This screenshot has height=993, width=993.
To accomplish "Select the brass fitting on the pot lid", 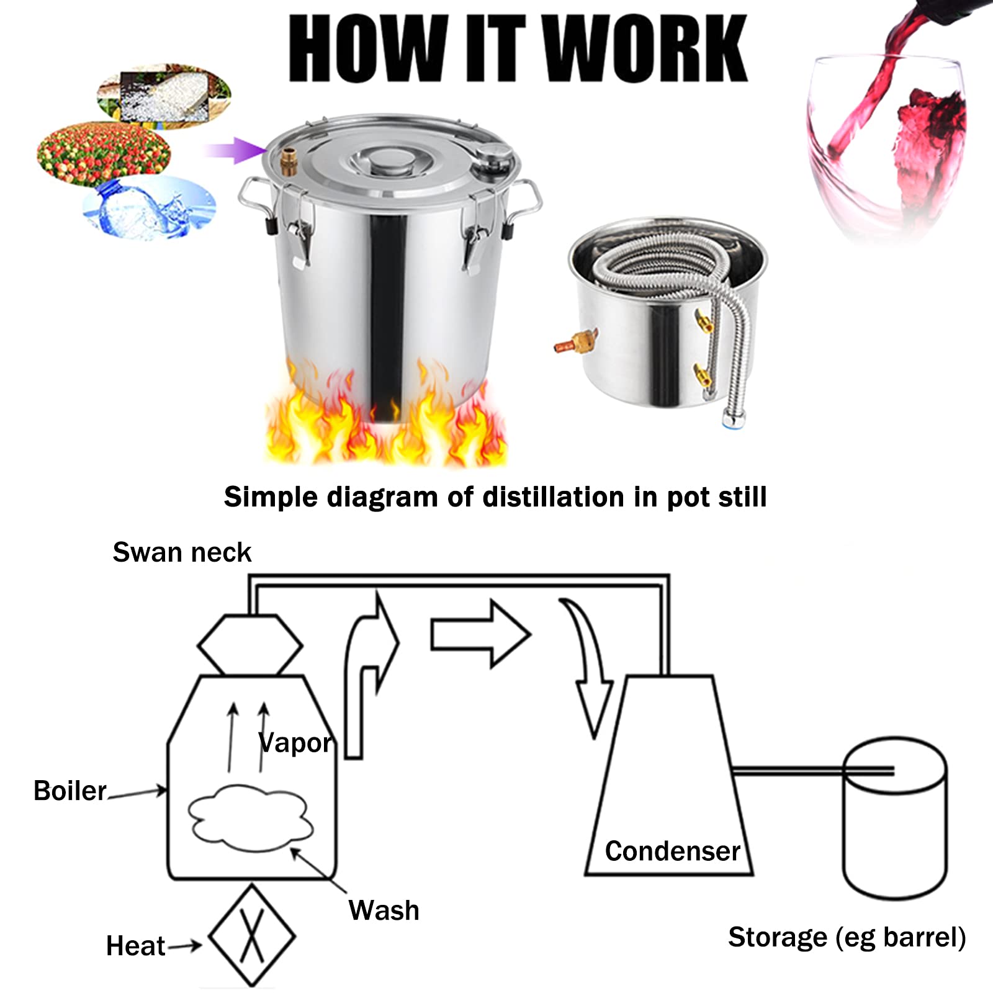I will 287,161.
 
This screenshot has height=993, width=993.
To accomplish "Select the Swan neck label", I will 181,552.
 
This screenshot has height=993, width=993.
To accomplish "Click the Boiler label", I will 70,791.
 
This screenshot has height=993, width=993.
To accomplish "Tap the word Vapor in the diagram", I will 295,742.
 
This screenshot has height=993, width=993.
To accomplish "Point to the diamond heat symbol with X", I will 252,936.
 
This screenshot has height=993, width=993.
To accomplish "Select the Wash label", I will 384,910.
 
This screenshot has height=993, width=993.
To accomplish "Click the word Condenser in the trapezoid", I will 672,851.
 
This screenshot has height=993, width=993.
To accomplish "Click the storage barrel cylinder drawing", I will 894,819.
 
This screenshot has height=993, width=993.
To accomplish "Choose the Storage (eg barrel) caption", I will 847,937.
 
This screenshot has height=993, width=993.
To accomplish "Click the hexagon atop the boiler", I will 249,645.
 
